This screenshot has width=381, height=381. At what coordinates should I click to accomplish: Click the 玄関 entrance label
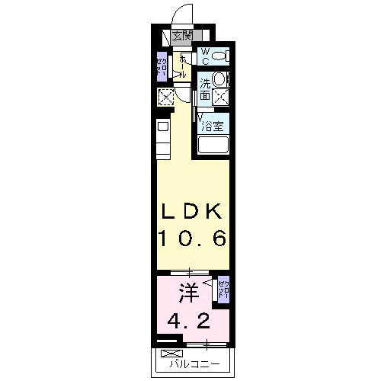tap(182, 35)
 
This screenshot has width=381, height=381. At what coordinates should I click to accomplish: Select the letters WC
tap(204, 55)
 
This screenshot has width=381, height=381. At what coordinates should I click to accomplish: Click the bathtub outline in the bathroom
tap(213, 145)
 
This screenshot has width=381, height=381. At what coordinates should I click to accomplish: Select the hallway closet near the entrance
tap(162, 67)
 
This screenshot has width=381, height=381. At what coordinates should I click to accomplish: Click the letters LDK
tap(191, 212)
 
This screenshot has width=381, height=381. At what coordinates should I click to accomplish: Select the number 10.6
tap(191, 239)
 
